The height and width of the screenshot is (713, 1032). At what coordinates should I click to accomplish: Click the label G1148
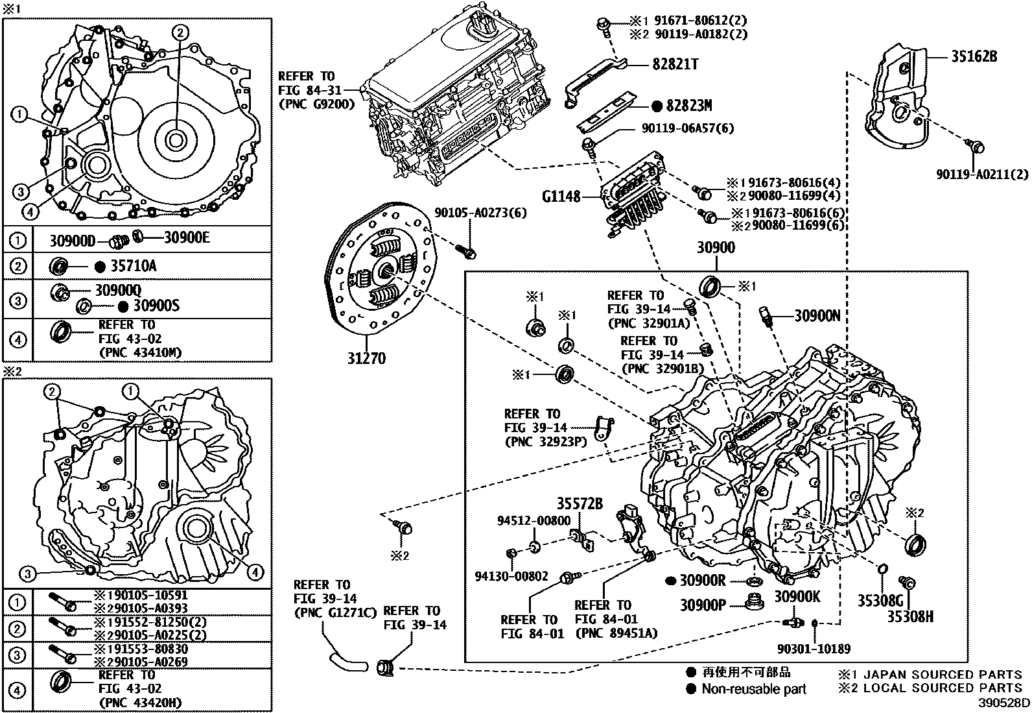[x=563, y=195]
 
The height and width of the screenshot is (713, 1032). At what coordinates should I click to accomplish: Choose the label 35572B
[x=580, y=503]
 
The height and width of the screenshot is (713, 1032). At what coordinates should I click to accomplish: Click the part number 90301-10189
[x=814, y=648]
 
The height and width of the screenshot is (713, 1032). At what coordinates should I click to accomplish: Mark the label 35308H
[x=909, y=616]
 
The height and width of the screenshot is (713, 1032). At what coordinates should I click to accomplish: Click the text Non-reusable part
[x=754, y=689]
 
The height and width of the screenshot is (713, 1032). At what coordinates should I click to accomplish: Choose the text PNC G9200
[x=316, y=104]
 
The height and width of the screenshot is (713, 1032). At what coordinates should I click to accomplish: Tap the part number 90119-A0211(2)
[x=982, y=174]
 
